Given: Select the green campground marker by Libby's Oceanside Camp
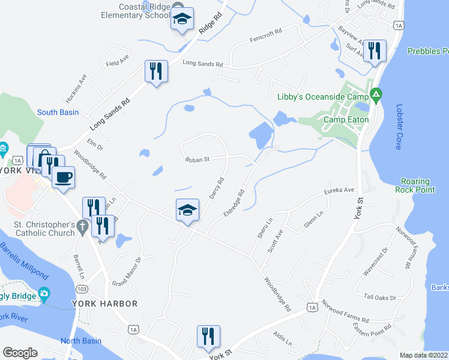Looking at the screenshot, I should [x=376, y=93].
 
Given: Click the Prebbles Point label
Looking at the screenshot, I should [x=427, y=52].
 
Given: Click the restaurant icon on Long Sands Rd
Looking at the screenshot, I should [x=155, y=71].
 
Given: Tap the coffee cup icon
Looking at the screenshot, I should [x=64, y=177].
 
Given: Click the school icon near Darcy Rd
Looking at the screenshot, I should [x=187, y=211].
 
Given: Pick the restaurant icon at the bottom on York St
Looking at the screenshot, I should [x=208, y=337].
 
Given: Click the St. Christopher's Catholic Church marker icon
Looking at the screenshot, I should [x=83, y=226].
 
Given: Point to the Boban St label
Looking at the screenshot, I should [x=197, y=160].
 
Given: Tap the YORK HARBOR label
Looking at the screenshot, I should [x=105, y=304].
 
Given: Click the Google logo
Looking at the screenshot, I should [x=20, y=353].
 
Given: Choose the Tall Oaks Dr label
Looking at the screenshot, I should [x=381, y=297].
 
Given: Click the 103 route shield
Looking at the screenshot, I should [x=82, y=289].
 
